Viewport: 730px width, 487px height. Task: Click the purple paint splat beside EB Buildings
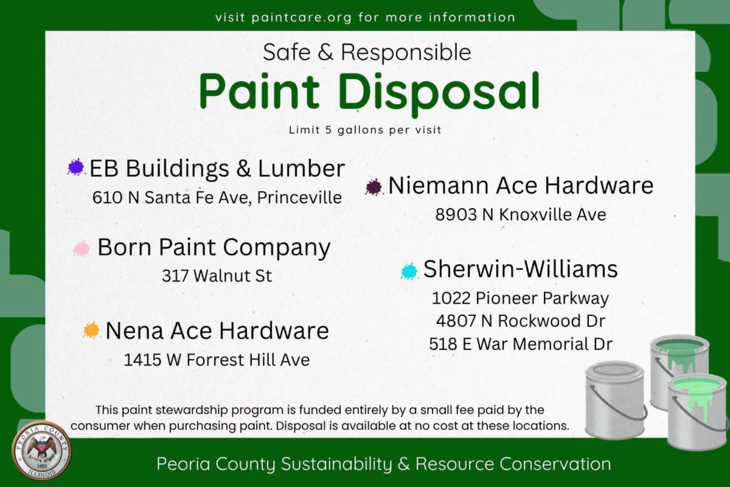click(x=76, y=167)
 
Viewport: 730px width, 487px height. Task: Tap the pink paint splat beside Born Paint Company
click(x=82, y=249)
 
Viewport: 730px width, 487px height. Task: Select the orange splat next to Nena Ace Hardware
click(x=91, y=330)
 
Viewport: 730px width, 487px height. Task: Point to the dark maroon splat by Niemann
click(x=374, y=187)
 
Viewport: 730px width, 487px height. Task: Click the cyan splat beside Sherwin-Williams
click(x=409, y=271)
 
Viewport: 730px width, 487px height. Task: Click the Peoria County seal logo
click(x=41, y=450)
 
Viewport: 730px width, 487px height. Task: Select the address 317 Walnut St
click(x=217, y=276)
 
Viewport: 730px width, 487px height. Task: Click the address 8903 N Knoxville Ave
click(x=521, y=215)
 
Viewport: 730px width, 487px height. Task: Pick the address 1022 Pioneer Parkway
click(x=520, y=298)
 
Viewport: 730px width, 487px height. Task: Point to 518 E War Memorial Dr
click(x=521, y=344)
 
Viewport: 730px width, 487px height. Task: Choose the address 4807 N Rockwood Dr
click(x=521, y=321)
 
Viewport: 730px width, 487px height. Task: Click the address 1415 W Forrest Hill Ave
click(x=217, y=360)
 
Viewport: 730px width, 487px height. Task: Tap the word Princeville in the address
click(x=299, y=197)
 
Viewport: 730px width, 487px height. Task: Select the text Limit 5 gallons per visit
click(x=365, y=130)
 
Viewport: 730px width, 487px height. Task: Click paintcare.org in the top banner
click(x=302, y=18)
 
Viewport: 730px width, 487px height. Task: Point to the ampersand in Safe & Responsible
click(x=325, y=53)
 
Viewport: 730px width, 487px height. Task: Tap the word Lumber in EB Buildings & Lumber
click(x=302, y=168)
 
